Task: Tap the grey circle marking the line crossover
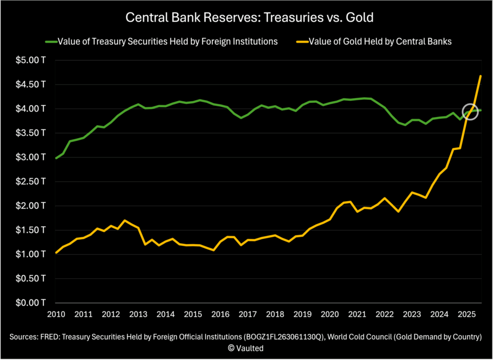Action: pyautogui.click(x=470, y=112)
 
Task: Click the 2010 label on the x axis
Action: pyautogui.click(x=56, y=314)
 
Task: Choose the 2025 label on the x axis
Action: pyautogui.click(x=467, y=314)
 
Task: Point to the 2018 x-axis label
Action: pyautogui.click(x=275, y=314)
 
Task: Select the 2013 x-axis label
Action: pyautogui.click(x=138, y=314)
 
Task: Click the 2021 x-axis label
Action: pyautogui.click(x=357, y=314)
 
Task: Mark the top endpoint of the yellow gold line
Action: pyautogui.click(x=480, y=76)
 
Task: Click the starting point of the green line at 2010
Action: pyautogui.click(x=56, y=158)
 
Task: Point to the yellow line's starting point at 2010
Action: pyautogui.click(x=56, y=252)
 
